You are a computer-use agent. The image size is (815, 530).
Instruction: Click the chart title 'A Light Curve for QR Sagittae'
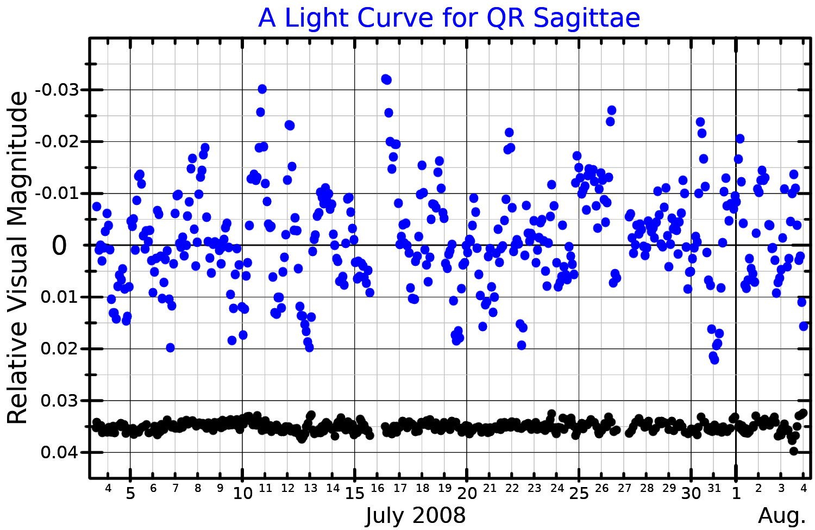coord(449,18)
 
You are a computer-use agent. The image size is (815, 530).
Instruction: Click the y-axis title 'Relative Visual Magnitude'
coord(17,258)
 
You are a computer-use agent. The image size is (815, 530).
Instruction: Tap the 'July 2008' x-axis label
coord(416,515)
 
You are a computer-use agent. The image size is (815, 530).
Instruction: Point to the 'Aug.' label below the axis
coord(782,515)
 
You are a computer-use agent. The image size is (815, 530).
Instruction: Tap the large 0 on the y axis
coord(59,246)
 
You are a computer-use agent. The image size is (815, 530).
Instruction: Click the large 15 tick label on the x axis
coord(355,494)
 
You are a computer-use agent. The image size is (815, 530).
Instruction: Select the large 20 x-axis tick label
coord(467,494)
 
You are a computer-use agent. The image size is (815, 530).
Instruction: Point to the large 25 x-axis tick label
coord(579,494)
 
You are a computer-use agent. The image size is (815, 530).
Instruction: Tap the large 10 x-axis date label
coord(242,494)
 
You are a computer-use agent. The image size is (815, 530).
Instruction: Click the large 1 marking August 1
coord(736,494)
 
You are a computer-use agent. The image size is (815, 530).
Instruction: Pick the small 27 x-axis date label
coord(624,488)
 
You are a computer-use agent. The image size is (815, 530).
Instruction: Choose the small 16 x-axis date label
coord(378,488)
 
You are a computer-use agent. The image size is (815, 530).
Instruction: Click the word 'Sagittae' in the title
coord(587,18)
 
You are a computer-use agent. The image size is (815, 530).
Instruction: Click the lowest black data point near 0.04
coord(793,451)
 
